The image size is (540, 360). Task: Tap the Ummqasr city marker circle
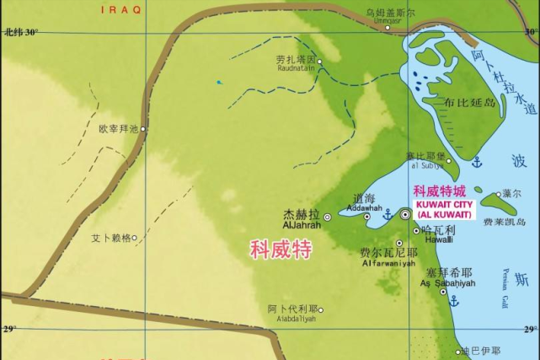388,27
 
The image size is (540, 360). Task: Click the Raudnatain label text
300,70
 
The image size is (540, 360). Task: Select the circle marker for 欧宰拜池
144,129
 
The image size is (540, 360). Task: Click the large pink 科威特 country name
281,250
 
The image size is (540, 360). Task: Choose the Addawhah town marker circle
366,217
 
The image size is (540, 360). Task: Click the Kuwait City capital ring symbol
405,215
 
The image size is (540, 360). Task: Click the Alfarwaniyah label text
388,264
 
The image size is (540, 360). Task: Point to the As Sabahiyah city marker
443,292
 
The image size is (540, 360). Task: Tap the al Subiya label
419,165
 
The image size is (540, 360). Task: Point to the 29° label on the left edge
9,327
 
